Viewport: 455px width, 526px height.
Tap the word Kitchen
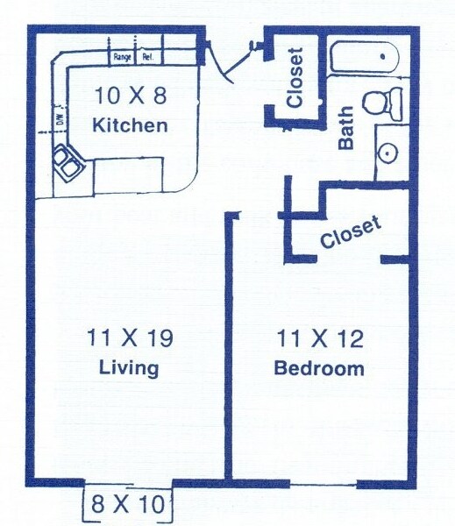[130, 125]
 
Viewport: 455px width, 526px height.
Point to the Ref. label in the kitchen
[147, 58]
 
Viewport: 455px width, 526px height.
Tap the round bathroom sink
[388, 152]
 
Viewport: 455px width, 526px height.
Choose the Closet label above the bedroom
[351, 232]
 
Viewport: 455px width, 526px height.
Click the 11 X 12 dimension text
[319, 338]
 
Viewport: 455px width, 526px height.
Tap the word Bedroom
[319, 367]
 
